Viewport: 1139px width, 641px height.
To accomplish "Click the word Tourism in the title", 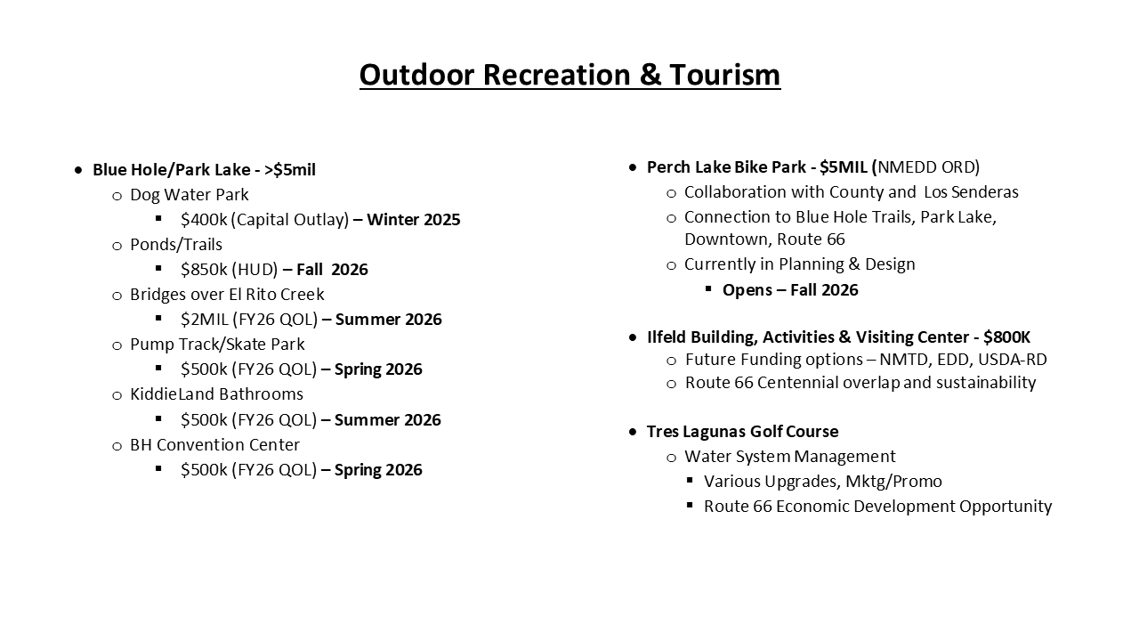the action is click(724, 75).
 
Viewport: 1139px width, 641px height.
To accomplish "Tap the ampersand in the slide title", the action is click(650, 75).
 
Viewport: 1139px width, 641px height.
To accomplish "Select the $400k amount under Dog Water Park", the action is click(204, 220).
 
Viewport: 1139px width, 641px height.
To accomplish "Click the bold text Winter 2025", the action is click(414, 220).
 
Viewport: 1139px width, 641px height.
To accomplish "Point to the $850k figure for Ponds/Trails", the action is click(204, 270).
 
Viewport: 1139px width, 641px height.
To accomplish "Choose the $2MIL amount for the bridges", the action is click(205, 320).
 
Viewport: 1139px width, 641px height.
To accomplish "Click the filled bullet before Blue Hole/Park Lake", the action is click(77, 170).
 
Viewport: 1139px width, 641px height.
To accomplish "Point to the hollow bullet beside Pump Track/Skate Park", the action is click(117, 346).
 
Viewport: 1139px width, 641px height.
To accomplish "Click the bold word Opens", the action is click(747, 290).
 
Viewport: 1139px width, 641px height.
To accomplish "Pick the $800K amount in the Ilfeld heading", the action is click(1006, 337).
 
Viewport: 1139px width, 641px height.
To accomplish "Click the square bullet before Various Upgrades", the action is click(690, 480).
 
